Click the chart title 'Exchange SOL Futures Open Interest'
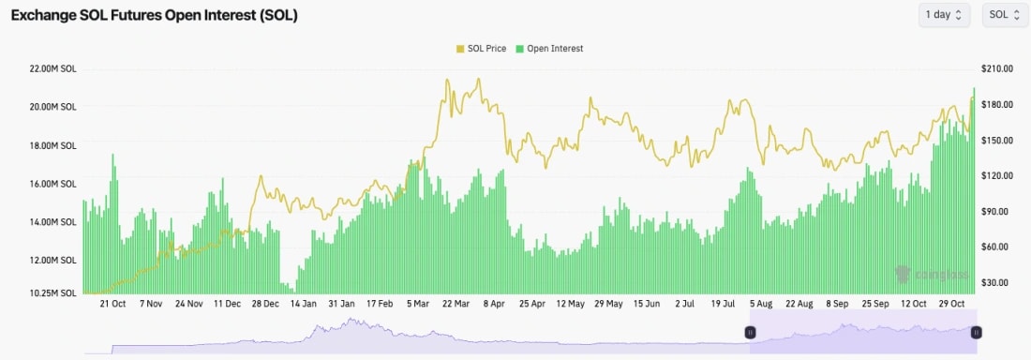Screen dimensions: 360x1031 click(154, 16)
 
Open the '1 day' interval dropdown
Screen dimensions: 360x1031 click(946, 15)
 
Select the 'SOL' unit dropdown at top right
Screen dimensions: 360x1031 click(1004, 15)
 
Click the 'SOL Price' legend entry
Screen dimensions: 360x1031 click(485, 49)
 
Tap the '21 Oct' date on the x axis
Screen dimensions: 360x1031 click(112, 304)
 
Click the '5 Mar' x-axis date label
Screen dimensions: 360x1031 click(418, 304)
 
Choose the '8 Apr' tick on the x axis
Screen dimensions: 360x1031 click(494, 304)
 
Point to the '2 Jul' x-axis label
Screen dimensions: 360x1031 click(684, 304)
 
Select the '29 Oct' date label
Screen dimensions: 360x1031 click(952, 304)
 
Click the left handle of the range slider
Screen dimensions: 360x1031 click(750, 332)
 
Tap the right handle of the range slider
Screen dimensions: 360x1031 click(976, 332)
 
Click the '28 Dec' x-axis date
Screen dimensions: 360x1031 click(264, 304)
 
